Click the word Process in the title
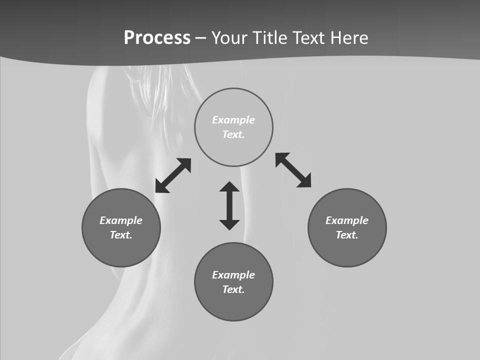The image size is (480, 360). (157, 38)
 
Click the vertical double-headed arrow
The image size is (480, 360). (229, 205)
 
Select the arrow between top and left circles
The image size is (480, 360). (173, 175)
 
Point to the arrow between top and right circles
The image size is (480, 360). (293, 170)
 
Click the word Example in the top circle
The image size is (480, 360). (233, 120)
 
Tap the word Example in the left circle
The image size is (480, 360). (121, 220)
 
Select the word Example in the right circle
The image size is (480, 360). (347, 220)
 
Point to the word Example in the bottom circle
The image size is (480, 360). (233, 275)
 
